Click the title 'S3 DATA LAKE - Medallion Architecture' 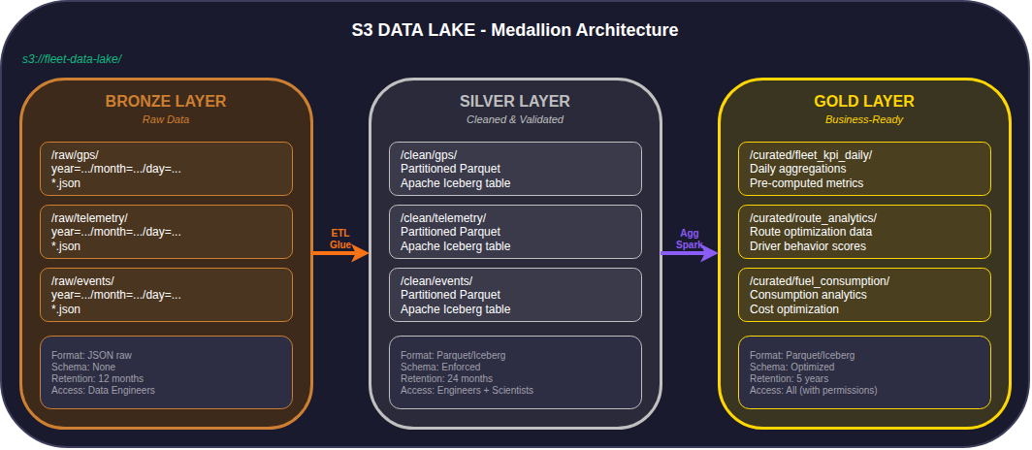tap(515, 30)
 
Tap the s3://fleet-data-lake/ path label tap(72, 59)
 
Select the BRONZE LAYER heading tap(166, 101)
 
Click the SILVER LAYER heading tap(515, 101)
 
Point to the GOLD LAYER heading tap(864, 101)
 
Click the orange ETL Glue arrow tap(340, 253)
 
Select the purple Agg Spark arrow tap(690, 253)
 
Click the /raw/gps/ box tap(166, 169)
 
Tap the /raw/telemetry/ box tap(166, 232)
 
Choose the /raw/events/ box tap(166, 295)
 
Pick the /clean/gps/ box tap(515, 169)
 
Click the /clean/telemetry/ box tap(515, 232)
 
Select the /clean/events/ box tap(515, 295)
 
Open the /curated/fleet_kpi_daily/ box tap(864, 169)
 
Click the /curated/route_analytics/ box tap(864, 232)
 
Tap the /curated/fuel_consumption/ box tap(864, 295)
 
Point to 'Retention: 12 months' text tap(98, 379)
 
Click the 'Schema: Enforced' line tap(440, 368)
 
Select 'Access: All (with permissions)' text tap(813, 391)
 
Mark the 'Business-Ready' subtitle tap(864, 120)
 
